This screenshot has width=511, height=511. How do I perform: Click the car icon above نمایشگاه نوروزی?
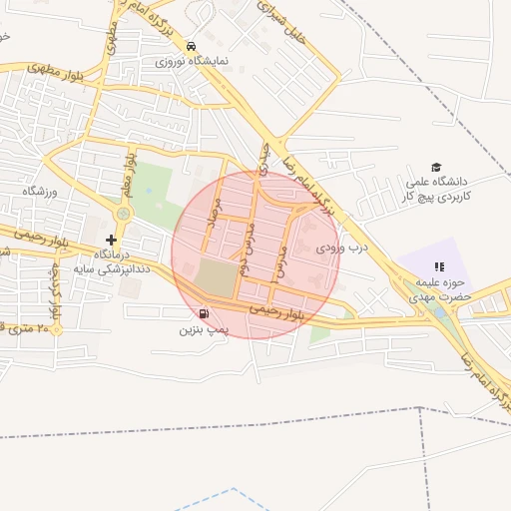[191, 46]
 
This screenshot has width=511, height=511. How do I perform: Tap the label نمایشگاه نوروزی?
[192, 61]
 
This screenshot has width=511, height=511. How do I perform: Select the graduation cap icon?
[436, 167]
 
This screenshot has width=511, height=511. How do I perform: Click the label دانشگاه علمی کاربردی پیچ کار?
[436, 190]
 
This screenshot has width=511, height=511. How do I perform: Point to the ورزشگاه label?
[42, 190]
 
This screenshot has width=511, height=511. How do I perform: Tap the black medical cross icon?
[111, 240]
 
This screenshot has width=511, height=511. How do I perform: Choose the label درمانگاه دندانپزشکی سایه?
[111, 261]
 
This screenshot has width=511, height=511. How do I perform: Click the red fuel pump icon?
[204, 313]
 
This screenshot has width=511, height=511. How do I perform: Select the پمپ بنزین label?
[205, 328]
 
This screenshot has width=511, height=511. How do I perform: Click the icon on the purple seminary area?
[437, 266]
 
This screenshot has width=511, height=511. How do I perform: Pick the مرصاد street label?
[212, 212]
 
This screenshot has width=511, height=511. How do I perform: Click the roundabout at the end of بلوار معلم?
[124, 214]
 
